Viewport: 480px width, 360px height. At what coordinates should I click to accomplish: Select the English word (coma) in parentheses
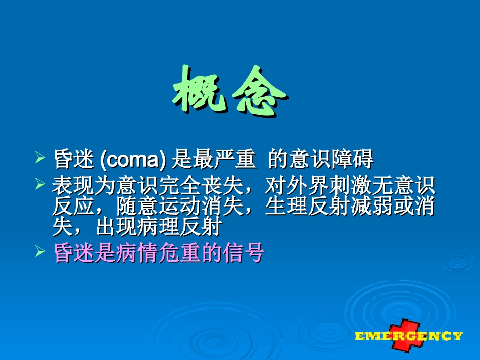click(133, 160)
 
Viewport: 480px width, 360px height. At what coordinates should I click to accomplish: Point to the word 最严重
click(213, 160)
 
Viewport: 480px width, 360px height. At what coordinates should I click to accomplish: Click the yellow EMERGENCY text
click(408, 336)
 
